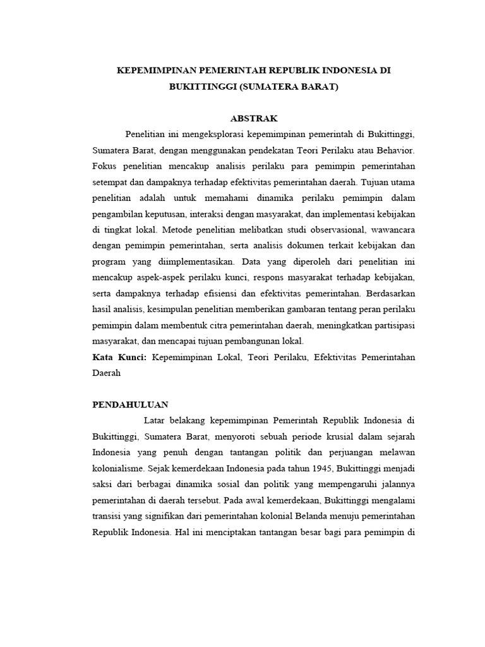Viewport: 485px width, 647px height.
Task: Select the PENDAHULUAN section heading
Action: tap(131, 404)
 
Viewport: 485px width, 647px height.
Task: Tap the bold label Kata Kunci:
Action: tap(119, 358)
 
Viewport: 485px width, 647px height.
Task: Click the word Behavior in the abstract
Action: tap(395, 151)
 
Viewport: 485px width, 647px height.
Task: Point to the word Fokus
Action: tap(105, 167)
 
